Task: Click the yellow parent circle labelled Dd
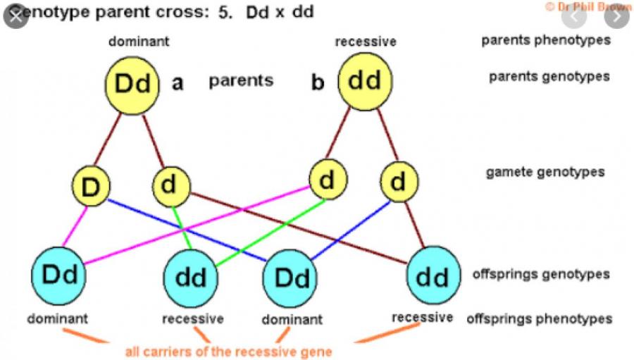134,83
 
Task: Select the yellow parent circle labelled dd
364,82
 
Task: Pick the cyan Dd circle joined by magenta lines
59,274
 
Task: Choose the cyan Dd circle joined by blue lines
292,277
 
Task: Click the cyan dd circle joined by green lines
190,277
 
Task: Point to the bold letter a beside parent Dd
178,83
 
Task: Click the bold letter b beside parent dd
318,83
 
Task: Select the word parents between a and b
241,80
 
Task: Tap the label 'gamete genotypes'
545,172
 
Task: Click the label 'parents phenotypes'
546,40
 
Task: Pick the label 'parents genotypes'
549,76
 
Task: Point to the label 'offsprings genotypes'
541,274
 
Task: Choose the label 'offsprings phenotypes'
539,319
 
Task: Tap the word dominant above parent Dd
139,41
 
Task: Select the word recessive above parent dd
365,42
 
